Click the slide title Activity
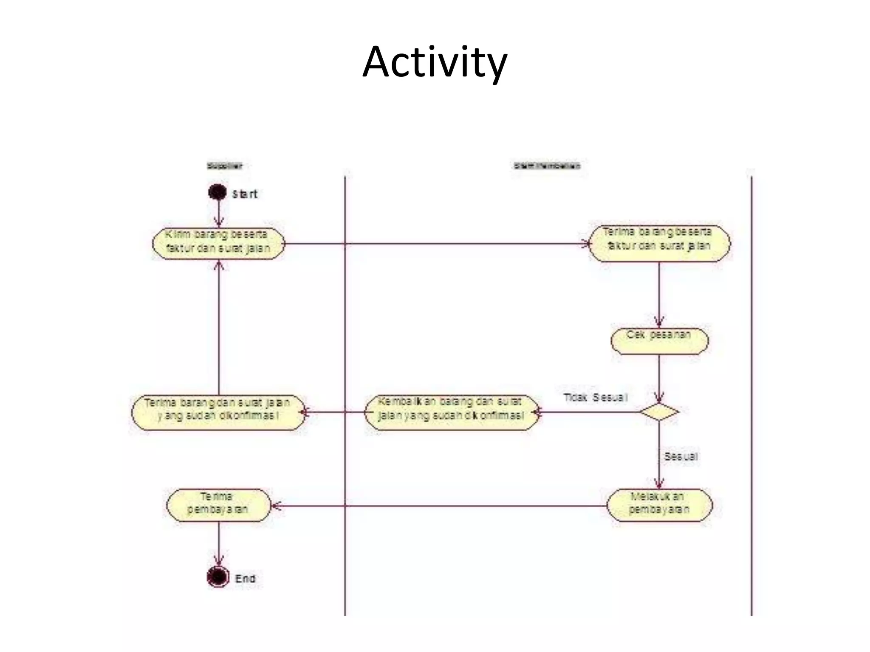click(x=435, y=62)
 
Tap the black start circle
click(x=217, y=192)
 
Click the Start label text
click(x=245, y=194)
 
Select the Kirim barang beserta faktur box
click(x=218, y=244)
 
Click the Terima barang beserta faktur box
click(x=659, y=244)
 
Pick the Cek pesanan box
click(x=659, y=341)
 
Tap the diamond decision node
click(x=659, y=412)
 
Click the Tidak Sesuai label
click(x=595, y=398)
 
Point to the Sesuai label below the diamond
click(x=681, y=457)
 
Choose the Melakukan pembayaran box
click(x=659, y=505)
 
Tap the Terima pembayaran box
click(x=218, y=505)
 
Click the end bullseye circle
click(x=218, y=577)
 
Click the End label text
click(x=245, y=579)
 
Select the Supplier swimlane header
click(x=225, y=166)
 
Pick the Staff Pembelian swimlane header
click(x=547, y=166)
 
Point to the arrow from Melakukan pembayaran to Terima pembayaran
click(x=438, y=506)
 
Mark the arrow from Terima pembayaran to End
click(x=219, y=543)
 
